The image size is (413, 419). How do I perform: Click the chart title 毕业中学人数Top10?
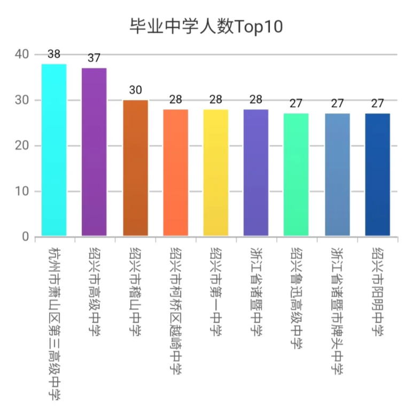tap(206, 26)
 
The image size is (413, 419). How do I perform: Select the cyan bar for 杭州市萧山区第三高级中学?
tap(54, 149)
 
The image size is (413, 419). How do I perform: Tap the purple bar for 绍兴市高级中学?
tap(94, 152)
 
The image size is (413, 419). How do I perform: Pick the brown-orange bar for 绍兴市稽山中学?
tap(135, 168)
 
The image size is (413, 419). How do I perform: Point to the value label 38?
tap(54, 54)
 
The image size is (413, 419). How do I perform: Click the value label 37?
tap(94, 59)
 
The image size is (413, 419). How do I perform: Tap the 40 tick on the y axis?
tap(22, 54)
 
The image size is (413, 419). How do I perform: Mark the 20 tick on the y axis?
tap(22, 146)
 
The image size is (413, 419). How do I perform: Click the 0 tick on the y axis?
tap(25, 237)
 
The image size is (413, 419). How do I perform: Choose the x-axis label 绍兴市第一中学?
tap(216, 291)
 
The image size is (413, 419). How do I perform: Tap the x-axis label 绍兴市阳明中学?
tap(377, 291)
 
